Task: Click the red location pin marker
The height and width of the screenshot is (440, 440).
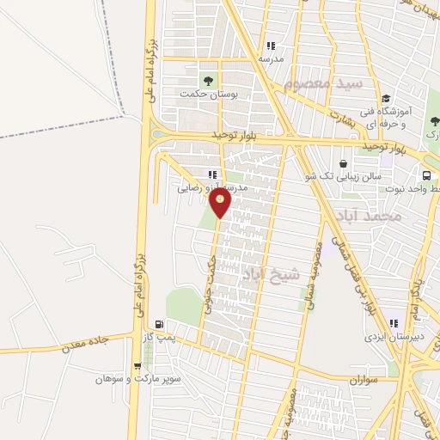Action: pyautogui.click(x=221, y=202)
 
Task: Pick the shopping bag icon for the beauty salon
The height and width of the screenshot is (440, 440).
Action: pyautogui.click(x=344, y=163)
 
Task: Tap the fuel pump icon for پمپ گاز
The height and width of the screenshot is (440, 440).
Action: pyautogui.click(x=159, y=324)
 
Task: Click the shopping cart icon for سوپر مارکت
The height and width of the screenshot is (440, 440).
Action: pyautogui.click(x=137, y=365)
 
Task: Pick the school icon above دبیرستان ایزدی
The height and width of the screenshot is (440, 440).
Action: pyautogui.click(x=394, y=324)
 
